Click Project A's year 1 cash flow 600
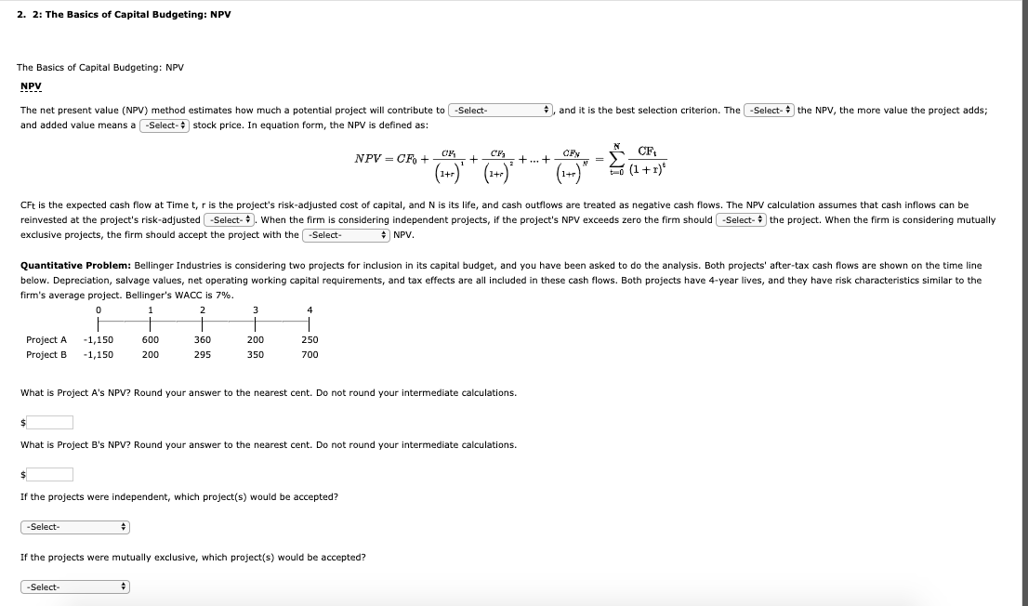pos(150,340)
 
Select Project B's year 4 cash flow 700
pos(310,354)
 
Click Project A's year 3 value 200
pos(256,340)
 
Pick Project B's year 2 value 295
pos(203,354)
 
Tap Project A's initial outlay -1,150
pos(99,340)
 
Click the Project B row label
pos(46,354)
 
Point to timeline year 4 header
pos(310,310)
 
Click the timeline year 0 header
pos(99,310)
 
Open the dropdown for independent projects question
pos(74,527)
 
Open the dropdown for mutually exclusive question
pos(74,587)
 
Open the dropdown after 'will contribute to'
pos(501,111)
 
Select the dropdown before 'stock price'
pos(165,125)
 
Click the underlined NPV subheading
pos(32,86)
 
